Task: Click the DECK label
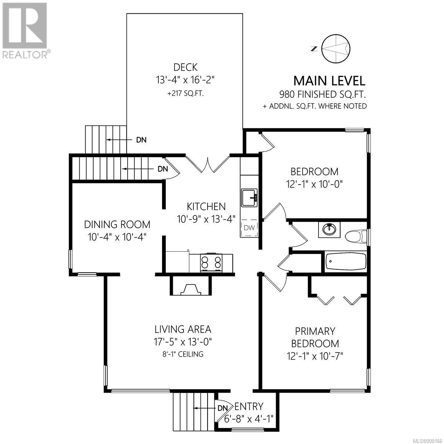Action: coord(185,67)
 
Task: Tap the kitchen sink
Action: coord(249,198)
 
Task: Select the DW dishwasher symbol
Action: coord(249,228)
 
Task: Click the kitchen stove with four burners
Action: coord(211,263)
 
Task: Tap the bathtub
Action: coord(345,262)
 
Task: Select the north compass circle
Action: coord(336,48)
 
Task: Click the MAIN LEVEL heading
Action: coord(329,81)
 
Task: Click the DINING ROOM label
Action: coord(117,225)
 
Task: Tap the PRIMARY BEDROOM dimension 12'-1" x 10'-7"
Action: coord(315,357)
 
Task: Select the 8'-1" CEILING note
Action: coord(183,354)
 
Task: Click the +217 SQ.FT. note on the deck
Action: coord(185,94)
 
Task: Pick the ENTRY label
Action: coord(249,406)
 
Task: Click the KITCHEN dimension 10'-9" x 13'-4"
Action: coord(206,219)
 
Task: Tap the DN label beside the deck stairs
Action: coord(141,140)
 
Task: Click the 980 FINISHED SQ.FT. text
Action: coord(323,94)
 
